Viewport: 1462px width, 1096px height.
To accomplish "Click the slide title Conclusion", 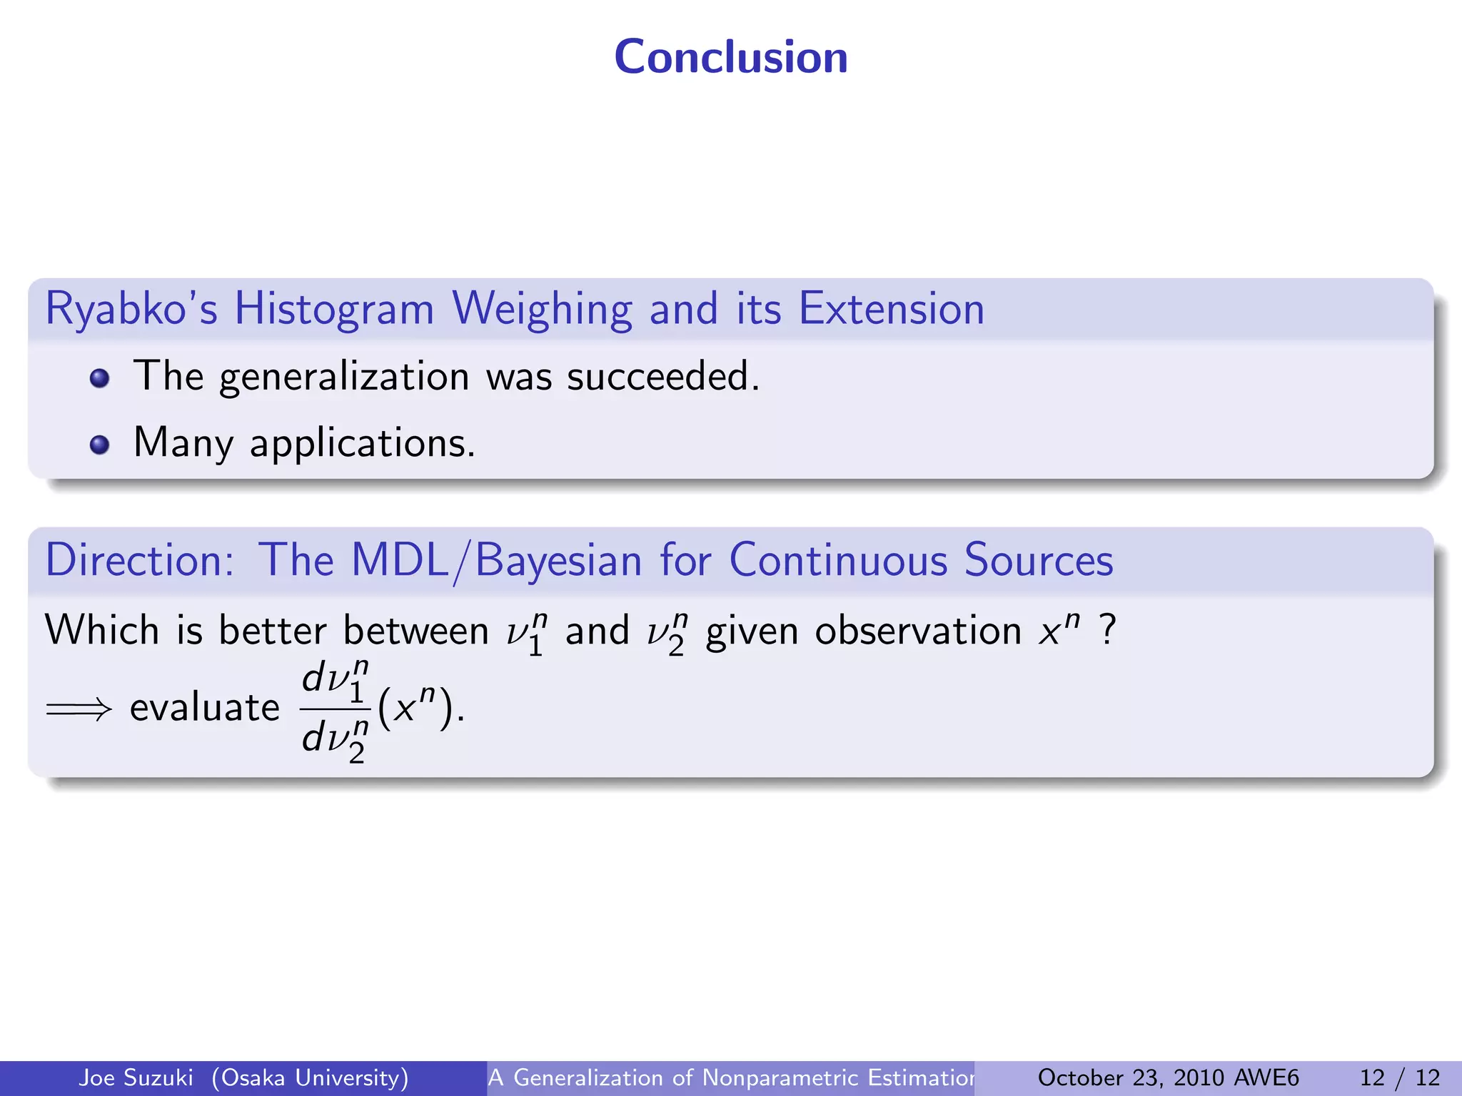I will [x=731, y=57].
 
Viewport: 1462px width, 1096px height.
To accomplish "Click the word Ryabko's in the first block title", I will [x=131, y=310].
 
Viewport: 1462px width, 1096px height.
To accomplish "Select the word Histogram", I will [x=334, y=310].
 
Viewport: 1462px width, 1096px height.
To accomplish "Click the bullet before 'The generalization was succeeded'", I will [x=100, y=378].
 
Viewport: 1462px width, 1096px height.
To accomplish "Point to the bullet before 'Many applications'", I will [x=100, y=445].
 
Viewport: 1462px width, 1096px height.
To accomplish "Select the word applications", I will [x=362, y=444].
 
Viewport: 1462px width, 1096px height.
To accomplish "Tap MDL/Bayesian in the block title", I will [x=497, y=561].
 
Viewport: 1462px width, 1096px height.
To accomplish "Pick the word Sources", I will [x=1039, y=560].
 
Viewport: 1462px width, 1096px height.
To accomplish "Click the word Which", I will [x=102, y=631].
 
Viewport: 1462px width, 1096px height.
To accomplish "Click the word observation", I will [x=918, y=631].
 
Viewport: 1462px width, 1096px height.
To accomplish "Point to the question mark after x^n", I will [x=1107, y=630].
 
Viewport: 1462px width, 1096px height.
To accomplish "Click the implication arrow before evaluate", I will [x=79, y=709].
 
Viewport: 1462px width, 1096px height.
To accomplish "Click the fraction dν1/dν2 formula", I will [x=335, y=711].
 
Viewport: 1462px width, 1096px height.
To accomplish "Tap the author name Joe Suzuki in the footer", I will [x=136, y=1077].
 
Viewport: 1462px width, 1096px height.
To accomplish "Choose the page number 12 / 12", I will [x=1399, y=1077].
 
